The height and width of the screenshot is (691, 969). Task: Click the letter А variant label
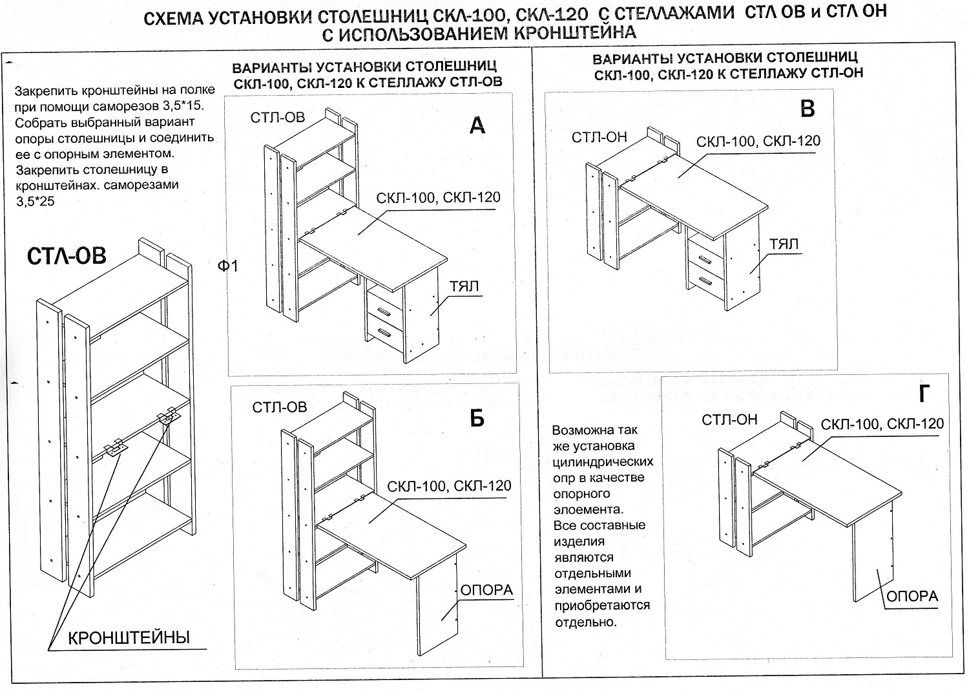coord(477,125)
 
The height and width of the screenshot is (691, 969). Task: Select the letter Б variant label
coord(477,419)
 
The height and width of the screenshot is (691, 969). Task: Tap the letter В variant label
coord(807,109)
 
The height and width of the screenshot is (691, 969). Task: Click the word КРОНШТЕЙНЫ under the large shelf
coord(129,638)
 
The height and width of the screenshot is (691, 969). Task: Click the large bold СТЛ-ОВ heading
coord(67,257)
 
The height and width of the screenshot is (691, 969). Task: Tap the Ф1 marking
coord(228,266)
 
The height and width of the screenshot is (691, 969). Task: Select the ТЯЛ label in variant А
coord(464,286)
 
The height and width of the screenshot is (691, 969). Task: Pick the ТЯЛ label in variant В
coord(784,244)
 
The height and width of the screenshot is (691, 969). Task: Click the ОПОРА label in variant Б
coord(486,590)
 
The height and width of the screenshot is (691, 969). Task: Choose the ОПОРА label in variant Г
coord(912,596)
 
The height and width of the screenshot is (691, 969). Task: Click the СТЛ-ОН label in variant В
coord(599,137)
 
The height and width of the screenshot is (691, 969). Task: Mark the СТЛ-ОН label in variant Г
coord(729,420)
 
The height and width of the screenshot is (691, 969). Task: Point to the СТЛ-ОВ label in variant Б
coord(280,407)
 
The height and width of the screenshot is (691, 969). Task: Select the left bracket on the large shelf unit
coord(114,448)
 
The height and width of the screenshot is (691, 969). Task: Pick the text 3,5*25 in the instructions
coord(36,201)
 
